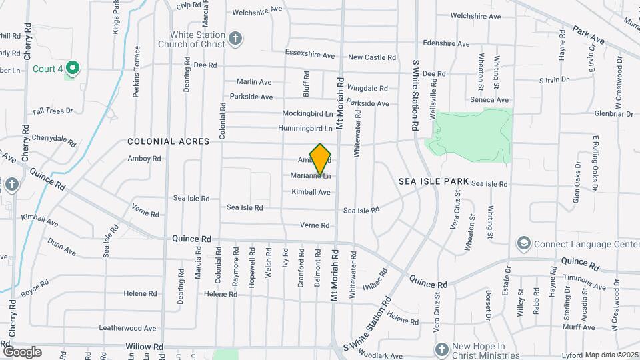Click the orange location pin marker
(321, 159)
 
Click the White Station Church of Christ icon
(234, 38)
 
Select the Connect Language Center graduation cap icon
(524, 243)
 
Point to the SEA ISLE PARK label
(433, 181)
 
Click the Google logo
(22, 351)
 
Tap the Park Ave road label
(587, 36)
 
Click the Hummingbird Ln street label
(305, 128)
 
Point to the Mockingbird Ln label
(307, 113)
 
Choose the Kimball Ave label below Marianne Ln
(311, 192)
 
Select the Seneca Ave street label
(489, 100)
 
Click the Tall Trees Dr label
(52, 111)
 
